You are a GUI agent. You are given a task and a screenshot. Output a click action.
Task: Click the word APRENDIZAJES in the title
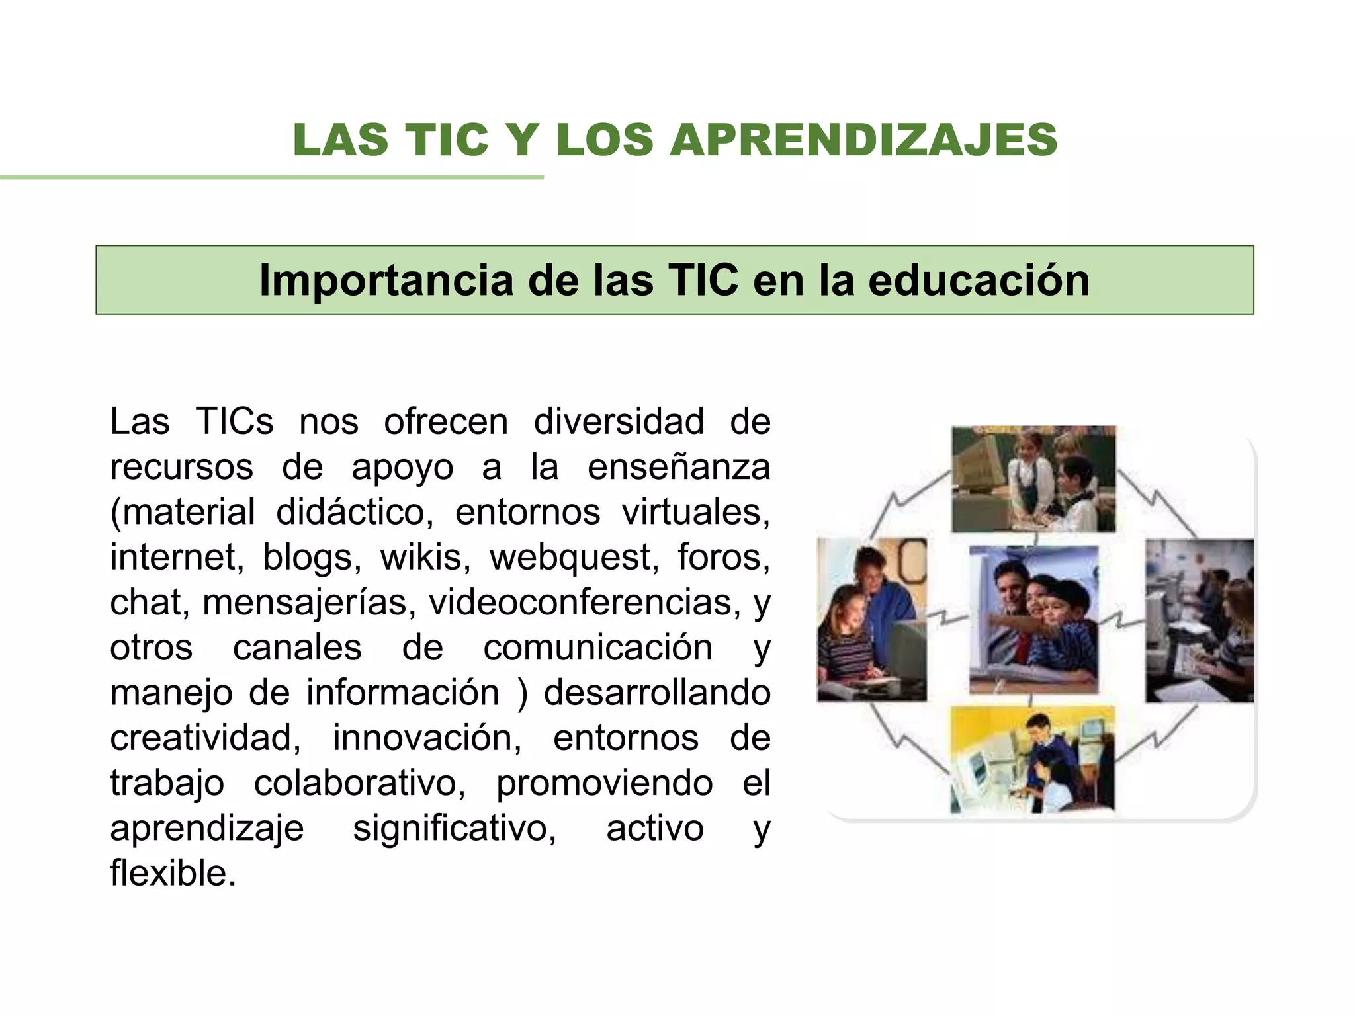863,141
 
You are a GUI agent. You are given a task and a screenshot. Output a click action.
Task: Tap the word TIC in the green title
447,141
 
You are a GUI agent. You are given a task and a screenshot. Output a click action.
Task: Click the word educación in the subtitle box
979,280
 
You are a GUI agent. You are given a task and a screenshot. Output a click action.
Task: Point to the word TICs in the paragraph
234,421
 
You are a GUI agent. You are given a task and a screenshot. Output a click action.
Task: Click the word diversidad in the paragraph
619,421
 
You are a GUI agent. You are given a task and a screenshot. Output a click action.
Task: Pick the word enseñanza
679,467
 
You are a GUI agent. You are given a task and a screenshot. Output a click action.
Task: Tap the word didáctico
354,512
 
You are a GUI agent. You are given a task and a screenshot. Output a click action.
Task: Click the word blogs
312,557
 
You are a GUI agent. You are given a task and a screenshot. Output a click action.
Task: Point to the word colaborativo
360,783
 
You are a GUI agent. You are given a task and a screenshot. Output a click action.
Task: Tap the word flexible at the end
173,873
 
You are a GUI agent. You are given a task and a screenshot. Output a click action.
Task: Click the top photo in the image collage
1033,479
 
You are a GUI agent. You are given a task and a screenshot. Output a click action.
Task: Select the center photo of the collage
1033,620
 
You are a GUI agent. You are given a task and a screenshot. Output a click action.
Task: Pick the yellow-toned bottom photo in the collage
1032,759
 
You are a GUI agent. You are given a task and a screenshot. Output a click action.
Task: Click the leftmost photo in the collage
871,620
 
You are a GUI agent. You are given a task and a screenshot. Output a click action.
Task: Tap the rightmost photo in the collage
1199,621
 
